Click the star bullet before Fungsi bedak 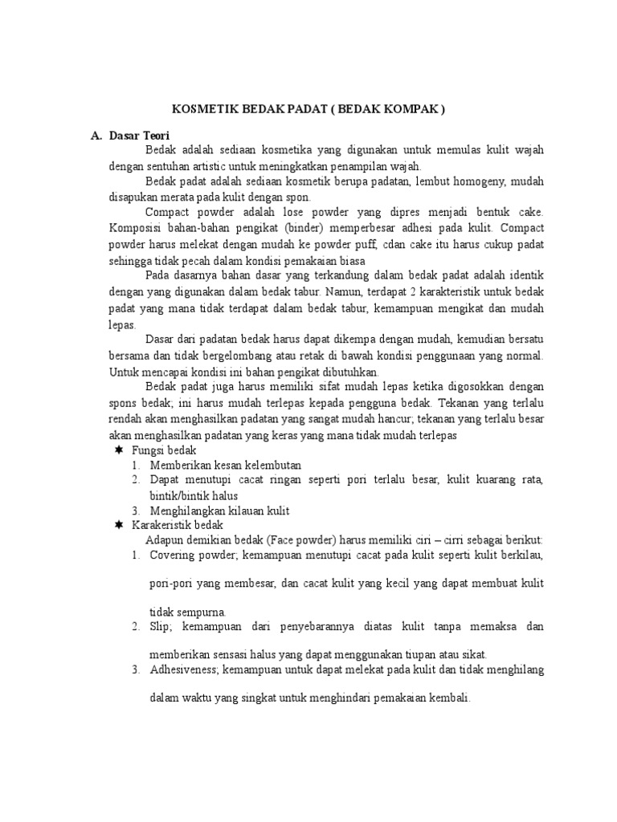tap(118, 451)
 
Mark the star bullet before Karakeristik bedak tap(118, 524)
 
